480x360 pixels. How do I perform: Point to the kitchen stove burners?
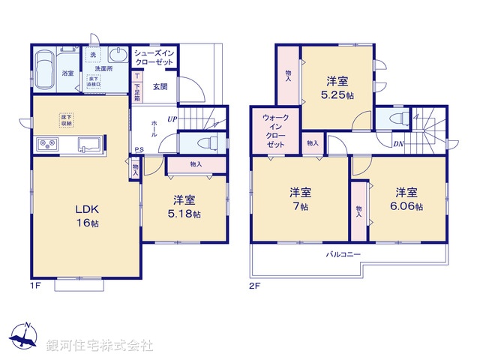(44, 144)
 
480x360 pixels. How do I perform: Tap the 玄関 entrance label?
(160, 86)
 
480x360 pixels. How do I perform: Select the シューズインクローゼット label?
(155, 58)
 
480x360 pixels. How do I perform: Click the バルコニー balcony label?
(343, 255)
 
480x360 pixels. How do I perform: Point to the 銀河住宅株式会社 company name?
(100, 346)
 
